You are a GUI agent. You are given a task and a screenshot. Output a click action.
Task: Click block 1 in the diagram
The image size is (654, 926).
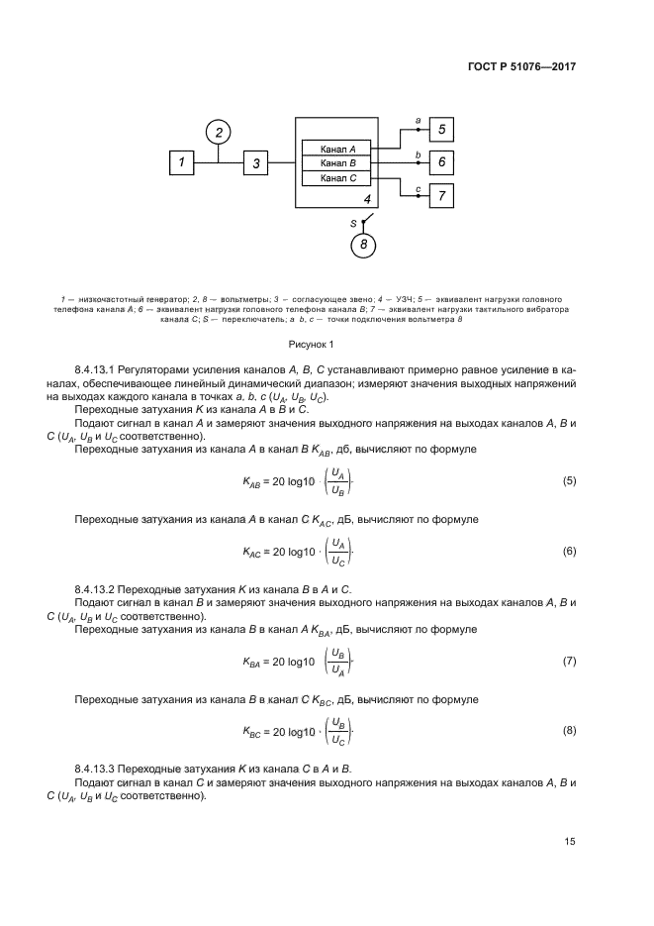click(x=181, y=162)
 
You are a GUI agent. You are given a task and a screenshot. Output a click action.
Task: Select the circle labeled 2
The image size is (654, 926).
click(x=220, y=132)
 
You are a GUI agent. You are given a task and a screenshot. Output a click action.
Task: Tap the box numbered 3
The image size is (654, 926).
click(x=255, y=163)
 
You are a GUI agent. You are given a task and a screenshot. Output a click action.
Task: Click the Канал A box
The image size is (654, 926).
click(x=336, y=148)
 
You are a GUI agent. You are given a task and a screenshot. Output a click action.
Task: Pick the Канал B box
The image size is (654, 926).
click(x=336, y=162)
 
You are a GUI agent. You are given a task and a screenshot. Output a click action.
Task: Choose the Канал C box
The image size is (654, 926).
click(x=336, y=177)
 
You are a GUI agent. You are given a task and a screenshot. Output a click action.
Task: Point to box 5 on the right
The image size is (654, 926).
click(x=441, y=129)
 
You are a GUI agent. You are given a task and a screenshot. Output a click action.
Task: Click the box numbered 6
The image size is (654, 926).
click(x=441, y=161)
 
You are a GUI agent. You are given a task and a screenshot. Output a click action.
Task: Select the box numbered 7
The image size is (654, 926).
click(x=441, y=195)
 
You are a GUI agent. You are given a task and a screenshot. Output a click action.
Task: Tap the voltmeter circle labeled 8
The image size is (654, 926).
click(x=365, y=244)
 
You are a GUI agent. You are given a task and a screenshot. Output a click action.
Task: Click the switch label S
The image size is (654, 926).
click(x=352, y=224)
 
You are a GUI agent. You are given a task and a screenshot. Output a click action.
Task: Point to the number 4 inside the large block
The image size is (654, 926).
click(x=366, y=198)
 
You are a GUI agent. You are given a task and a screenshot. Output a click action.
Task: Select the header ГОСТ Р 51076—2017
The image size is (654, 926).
click(x=522, y=66)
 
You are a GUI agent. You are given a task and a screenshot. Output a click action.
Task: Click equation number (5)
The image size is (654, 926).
click(x=569, y=480)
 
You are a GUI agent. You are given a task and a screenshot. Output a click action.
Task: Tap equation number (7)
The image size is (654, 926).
click(x=569, y=661)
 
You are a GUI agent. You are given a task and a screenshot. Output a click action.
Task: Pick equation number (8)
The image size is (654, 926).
click(x=569, y=730)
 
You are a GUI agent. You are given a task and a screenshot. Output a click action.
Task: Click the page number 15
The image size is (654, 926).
click(x=570, y=842)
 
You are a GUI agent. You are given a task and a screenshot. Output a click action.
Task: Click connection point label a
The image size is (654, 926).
click(x=418, y=120)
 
